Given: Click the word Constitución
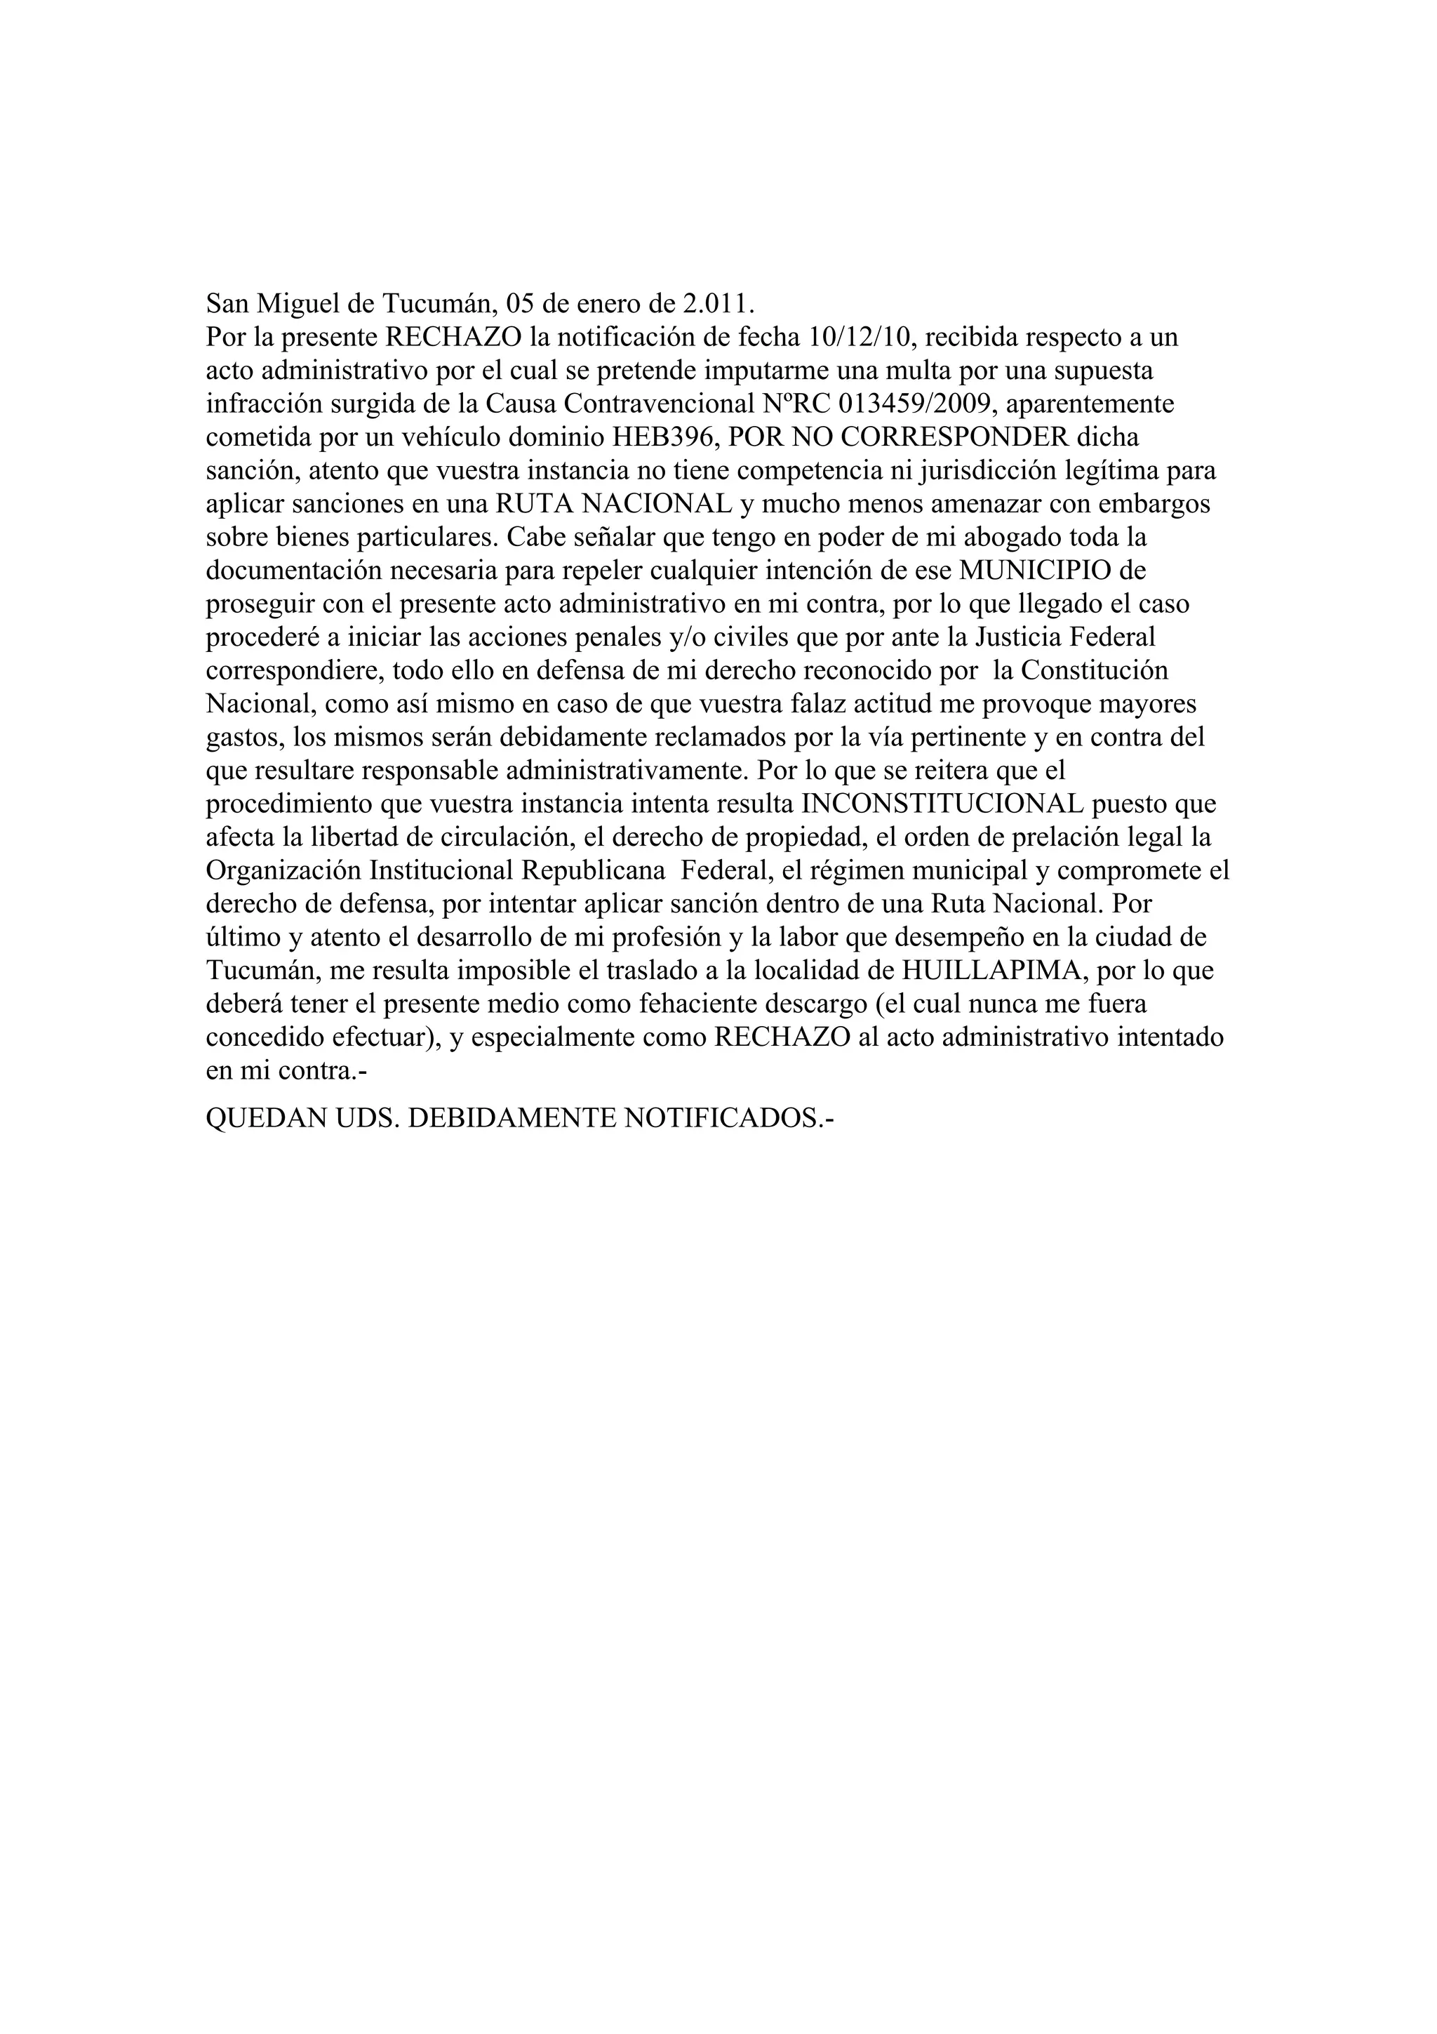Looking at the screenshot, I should point(1092,670).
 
